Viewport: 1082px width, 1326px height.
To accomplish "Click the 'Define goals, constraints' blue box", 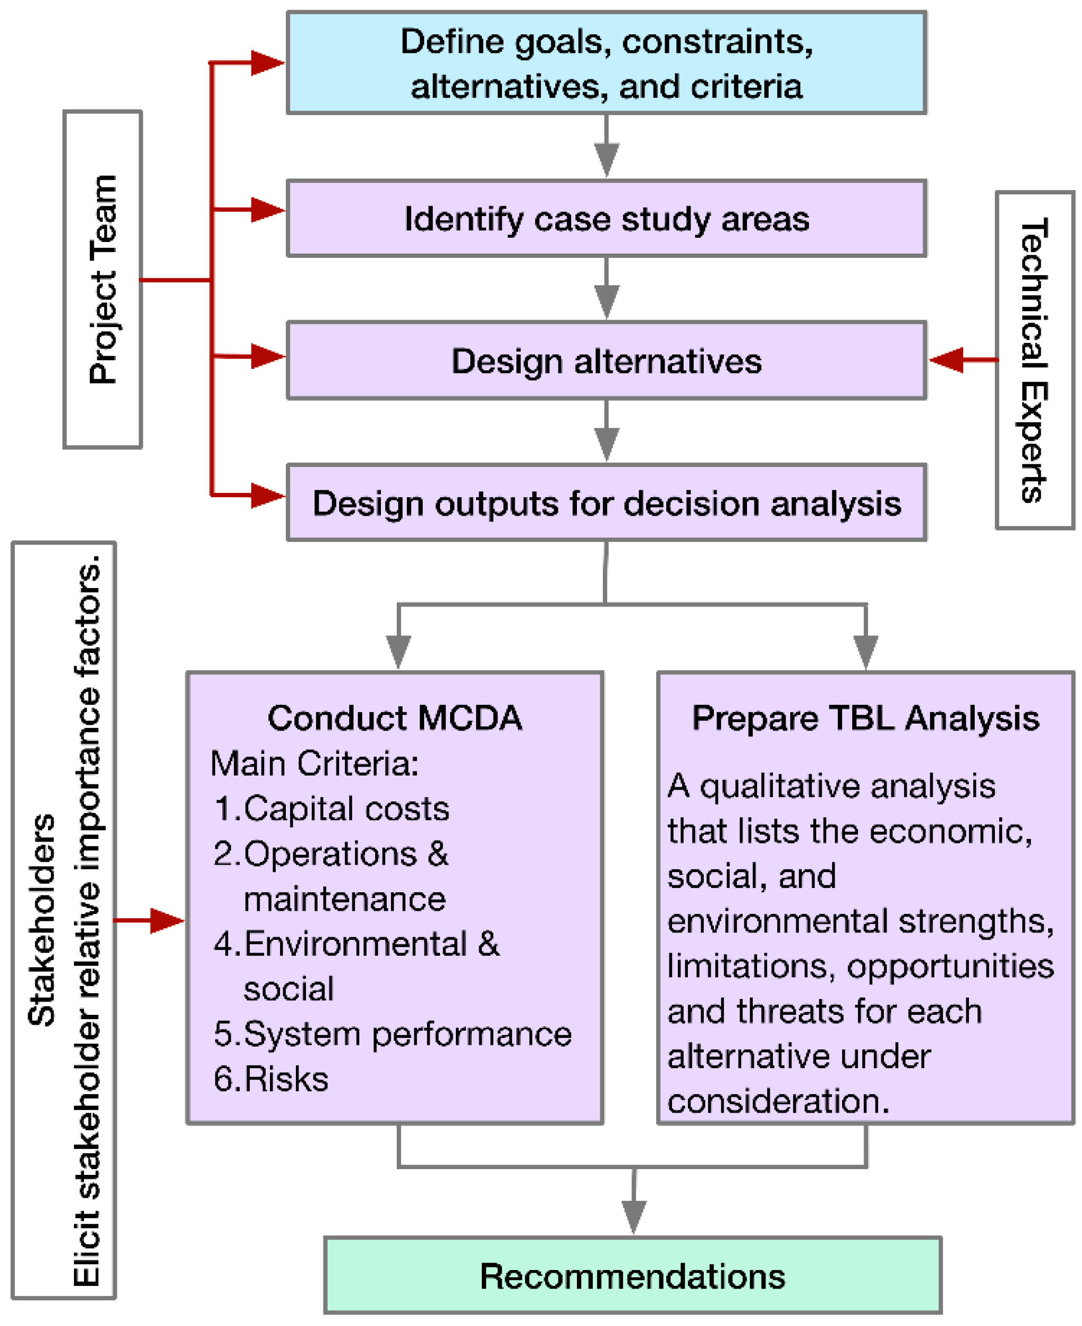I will pyautogui.click(x=606, y=63).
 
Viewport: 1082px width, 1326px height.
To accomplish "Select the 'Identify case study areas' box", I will pyautogui.click(x=606, y=219).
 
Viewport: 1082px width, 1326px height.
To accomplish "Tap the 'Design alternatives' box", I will pyautogui.click(x=606, y=361).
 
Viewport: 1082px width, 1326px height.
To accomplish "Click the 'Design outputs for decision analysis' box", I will pyautogui.click(x=606, y=503).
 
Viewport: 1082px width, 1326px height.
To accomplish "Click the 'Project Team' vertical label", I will pyautogui.click(x=103, y=280).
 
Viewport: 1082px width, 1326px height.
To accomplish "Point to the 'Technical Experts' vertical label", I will pyautogui.click(x=1034, y=360).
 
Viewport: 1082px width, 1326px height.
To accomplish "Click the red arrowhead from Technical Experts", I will pyautogui.click(x=947, y=360).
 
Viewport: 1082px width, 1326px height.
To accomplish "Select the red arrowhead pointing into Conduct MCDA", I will pyautogui.click(x=167, y=920).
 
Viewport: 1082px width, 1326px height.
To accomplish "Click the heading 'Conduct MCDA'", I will pyautogui.click(x=395, y=718).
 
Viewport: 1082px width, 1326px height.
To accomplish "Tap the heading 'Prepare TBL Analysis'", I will pyautogui.click(x=865, y=718).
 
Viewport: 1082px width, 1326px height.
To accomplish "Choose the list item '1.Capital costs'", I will pyautogui.click(x=331, y=809).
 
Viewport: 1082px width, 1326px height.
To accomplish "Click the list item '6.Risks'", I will pyautogui.click(x=270, y=1079).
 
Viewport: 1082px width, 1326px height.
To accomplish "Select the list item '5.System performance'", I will pyautogui.click(x=392, y=1034).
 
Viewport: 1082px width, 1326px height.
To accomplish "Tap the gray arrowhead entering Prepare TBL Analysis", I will pyautogui.click(x=865, y=651).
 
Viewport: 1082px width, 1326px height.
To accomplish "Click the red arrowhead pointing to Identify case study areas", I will pyautogui.click(x=267, y=209).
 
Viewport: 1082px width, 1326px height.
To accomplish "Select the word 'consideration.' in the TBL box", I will pyautogui.click(x=778, y=1101).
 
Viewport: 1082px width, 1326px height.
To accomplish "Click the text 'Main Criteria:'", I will pyautogui.click(x=314, y=763).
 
